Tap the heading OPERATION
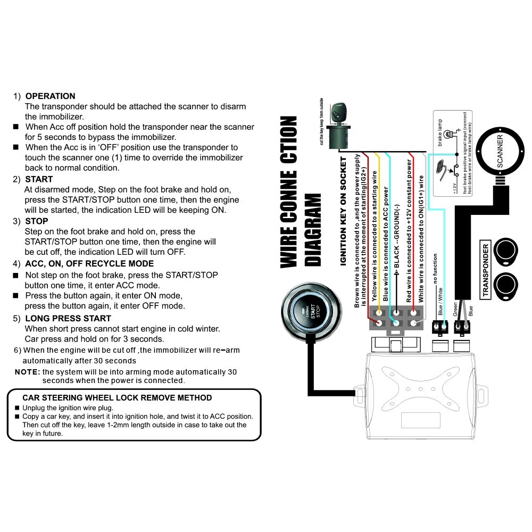click(51, 96)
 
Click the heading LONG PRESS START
click(68, 318)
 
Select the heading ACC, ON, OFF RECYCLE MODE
click(89, 264)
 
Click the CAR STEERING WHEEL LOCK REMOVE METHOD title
click(117, 398)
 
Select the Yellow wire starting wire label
click(375, 237)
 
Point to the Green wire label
click(455, 310)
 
